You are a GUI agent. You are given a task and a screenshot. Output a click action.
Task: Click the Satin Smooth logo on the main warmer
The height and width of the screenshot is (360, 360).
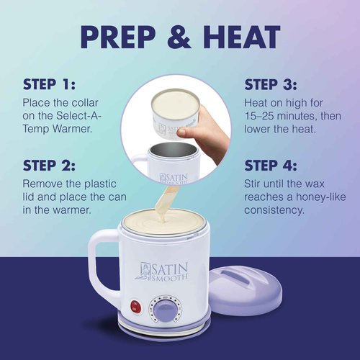point(168,271)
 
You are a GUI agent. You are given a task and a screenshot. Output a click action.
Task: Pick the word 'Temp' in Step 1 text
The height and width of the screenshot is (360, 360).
point(37,132)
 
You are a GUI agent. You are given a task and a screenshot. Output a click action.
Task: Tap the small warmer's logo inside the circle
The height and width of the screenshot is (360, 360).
point(171,176)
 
